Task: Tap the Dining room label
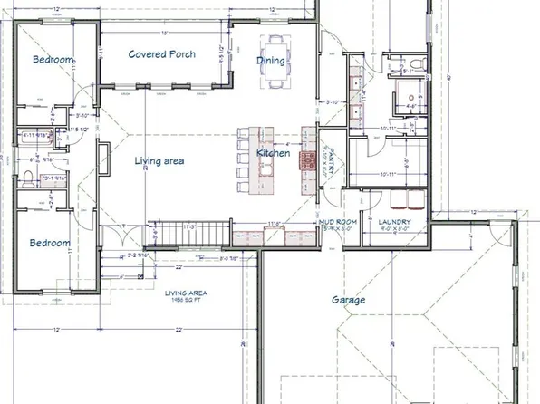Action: (271, 62)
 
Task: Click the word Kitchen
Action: (273, 154)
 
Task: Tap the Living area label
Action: (159, 161)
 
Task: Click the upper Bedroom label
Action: (53, 60)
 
